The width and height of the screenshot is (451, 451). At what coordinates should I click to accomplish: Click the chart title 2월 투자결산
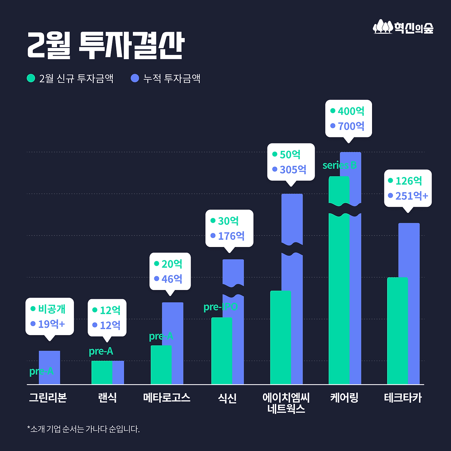coord(106,45)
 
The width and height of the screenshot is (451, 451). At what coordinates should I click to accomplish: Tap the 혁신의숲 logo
coord(403,27)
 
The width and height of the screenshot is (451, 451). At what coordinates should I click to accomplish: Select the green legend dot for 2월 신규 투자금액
coord(31,78)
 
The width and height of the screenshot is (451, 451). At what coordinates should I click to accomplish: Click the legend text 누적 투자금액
coord(172,78)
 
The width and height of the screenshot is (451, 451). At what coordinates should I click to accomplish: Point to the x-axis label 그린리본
coord(48,398)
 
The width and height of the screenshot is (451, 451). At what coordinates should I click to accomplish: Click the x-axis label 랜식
coord(107,398)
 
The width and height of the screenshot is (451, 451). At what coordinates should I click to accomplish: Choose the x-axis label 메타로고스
coord(167,398)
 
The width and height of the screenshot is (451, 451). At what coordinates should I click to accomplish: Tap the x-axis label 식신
coord(227,398)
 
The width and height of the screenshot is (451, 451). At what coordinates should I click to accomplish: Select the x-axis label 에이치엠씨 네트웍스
coord(286,403)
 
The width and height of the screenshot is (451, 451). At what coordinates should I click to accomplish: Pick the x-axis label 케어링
coord(344,398)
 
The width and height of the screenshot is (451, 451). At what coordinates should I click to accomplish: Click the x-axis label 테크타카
coord(403,398)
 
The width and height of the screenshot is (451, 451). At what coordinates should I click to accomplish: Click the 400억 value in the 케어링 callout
coord(351,111)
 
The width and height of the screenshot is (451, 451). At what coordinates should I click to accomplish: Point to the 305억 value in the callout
coord(293,170)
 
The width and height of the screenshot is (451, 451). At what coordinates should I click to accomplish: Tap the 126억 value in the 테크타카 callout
coord(409,181)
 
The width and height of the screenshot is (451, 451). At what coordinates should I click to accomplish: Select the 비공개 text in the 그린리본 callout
coord(52,309)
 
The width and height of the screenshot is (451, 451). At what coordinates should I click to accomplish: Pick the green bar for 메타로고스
coord(161,365)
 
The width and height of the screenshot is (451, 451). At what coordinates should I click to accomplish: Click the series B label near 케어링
coord(340,165)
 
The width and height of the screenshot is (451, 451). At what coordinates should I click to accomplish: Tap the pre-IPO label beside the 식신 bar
coord(221,307)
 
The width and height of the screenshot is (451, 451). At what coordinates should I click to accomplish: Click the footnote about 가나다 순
coord(84,429)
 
